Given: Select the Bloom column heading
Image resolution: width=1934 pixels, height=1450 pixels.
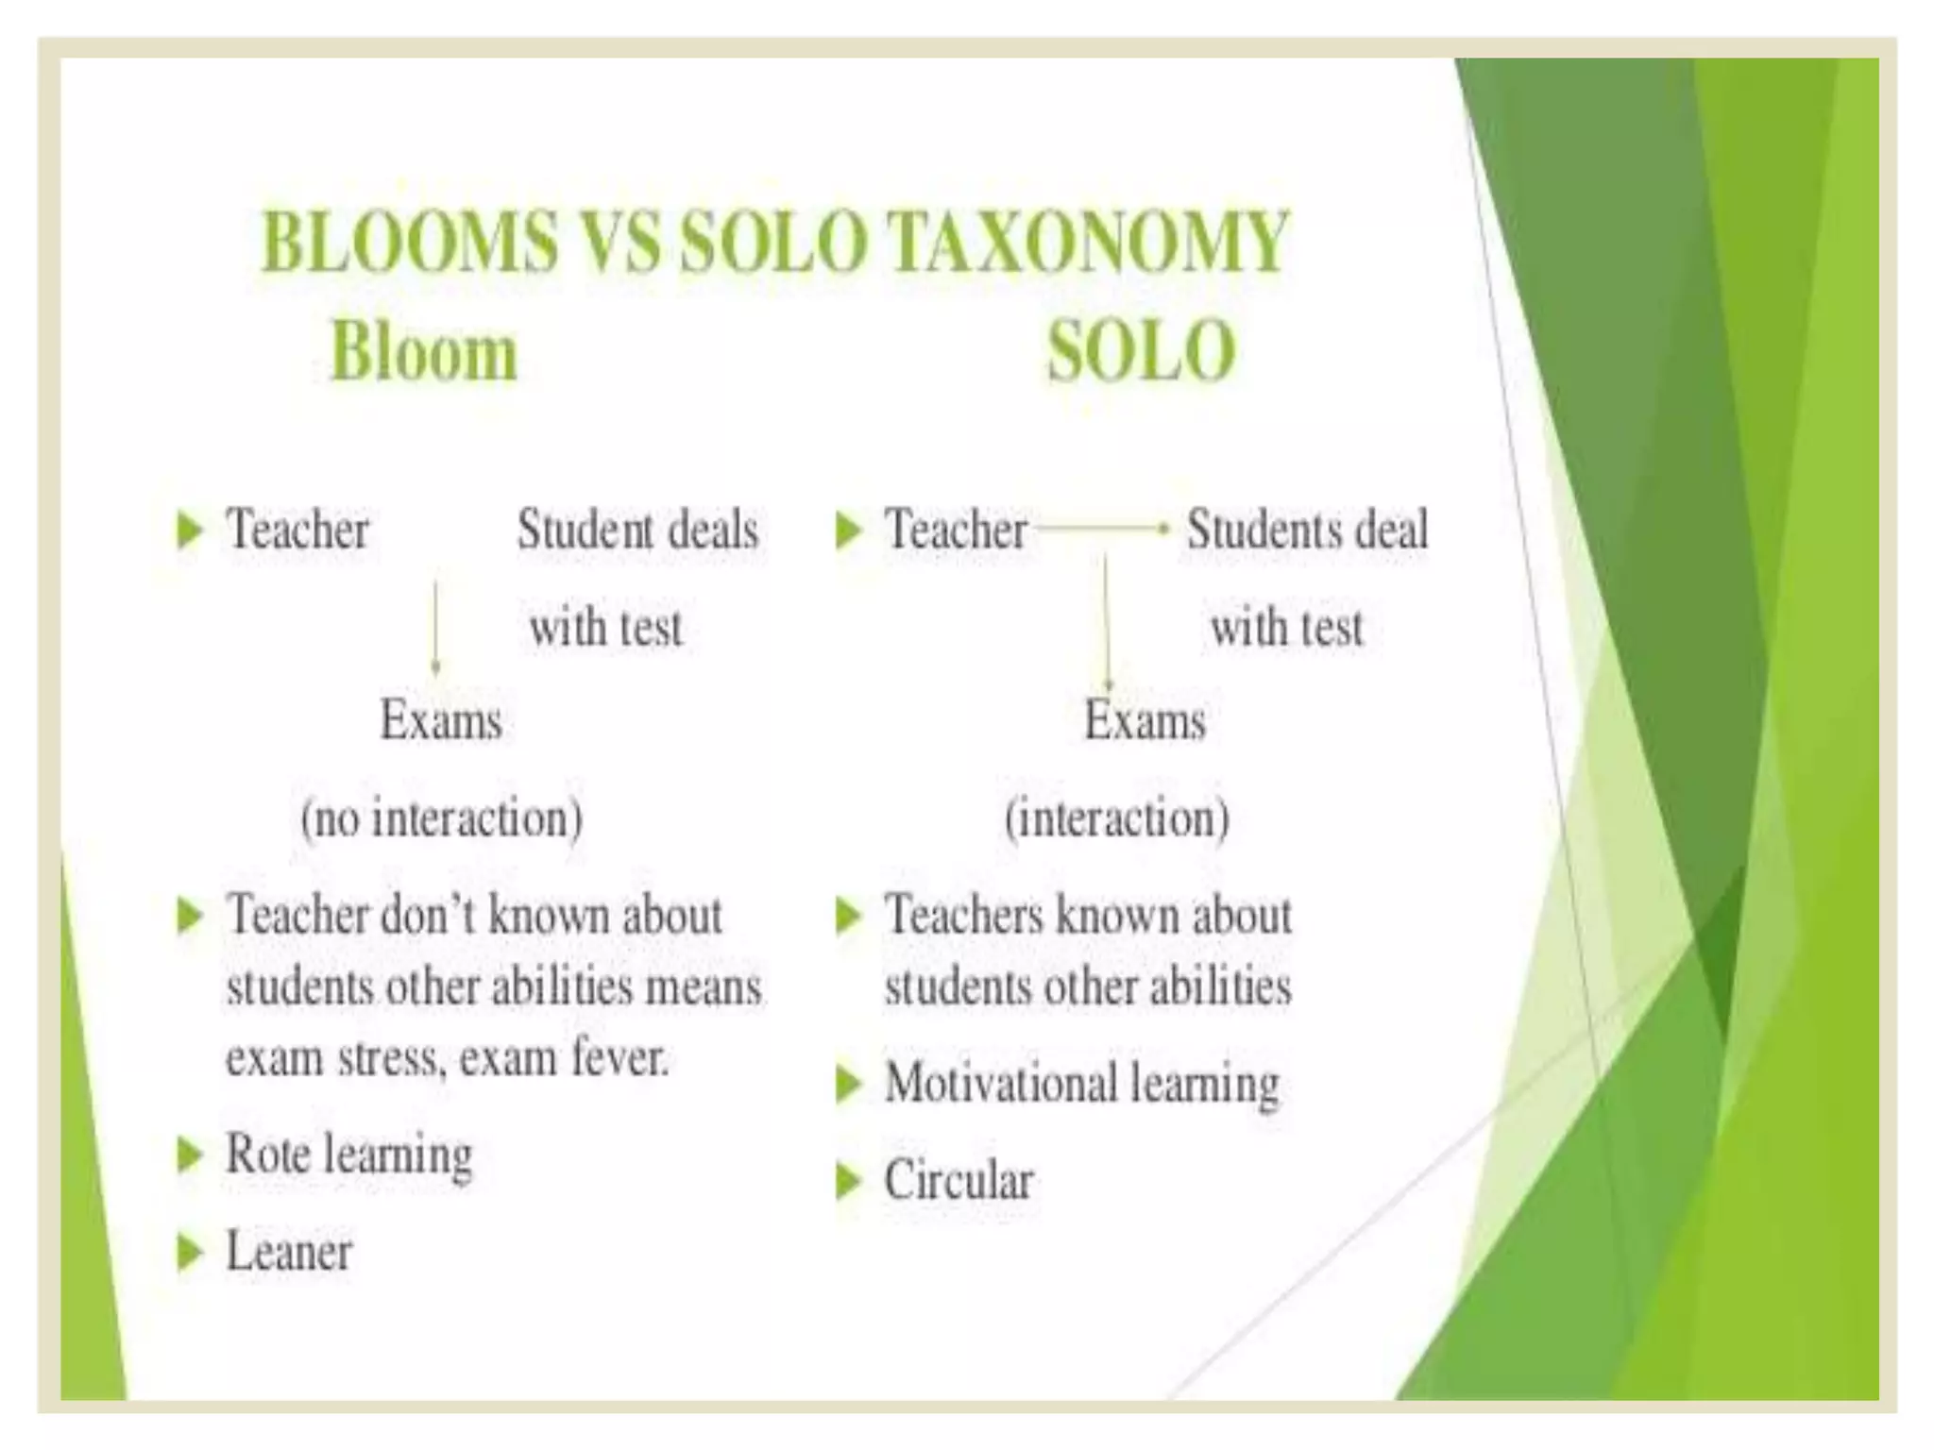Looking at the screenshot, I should [x=424, y=352].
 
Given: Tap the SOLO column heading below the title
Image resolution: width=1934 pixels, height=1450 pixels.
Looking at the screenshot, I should [x=1141, y=352].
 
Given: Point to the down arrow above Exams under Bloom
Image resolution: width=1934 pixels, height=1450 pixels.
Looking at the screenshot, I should [x=435, y=627].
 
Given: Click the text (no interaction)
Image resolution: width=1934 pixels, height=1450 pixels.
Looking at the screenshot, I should [x=441, y=818].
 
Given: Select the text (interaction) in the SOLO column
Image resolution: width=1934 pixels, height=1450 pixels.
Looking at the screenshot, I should [x=1116, y=818].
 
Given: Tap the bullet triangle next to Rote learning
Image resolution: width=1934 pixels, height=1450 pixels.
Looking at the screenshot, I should [x=190, y=1155].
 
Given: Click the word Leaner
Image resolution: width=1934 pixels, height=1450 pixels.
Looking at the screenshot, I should [x=289, y=1252].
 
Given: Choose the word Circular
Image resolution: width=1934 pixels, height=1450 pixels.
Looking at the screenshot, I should [x=959, y=1180].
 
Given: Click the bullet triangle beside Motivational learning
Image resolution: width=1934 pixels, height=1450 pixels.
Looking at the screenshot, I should [x=849, y=1083].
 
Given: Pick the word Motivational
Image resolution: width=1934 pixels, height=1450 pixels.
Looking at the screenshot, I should [x=1000, y=1082].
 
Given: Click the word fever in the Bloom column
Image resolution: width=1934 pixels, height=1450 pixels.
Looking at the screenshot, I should [x=619, y=1056].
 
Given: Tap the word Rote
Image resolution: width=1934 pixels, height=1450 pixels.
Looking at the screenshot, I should [x=267, y=1154].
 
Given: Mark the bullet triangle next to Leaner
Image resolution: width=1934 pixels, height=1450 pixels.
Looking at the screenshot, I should [x=190, y=1253].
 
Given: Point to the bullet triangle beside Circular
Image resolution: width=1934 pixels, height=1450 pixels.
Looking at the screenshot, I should [x=849, y=1181].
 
